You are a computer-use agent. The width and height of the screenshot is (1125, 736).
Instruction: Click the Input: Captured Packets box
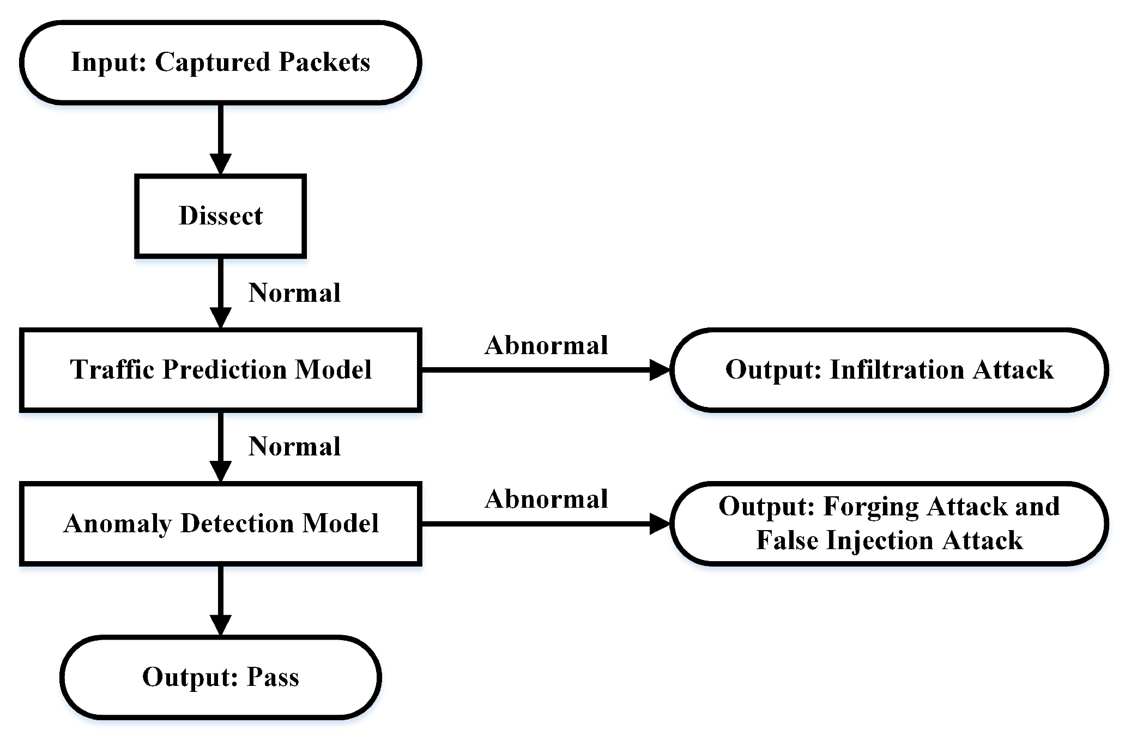[x=220, y=62]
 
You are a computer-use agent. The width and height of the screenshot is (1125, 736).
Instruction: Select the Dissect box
[x=220, y=216]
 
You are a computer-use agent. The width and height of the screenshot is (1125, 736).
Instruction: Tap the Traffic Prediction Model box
[x=220, y=370]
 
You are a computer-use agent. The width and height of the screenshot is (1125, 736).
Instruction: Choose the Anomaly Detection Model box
[x=220, y=524]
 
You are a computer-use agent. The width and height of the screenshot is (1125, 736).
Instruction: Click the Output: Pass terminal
[x=220, y=677]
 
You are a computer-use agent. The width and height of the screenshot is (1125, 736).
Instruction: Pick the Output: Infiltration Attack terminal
[x=889, y=370]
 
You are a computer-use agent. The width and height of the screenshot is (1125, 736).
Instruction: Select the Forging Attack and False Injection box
[x=889, y=524]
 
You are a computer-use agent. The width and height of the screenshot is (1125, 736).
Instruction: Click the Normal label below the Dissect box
[x=294, y=293]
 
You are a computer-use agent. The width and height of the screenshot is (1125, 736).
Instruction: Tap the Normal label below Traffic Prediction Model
[x=294, y=447]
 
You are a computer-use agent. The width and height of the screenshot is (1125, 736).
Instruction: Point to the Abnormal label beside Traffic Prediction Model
[x=546, y=345]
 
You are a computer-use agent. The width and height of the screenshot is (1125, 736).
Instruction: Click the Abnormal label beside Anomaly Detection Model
[x=546, y=499]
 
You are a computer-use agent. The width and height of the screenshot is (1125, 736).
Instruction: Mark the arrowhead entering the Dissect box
[x=220, y=164]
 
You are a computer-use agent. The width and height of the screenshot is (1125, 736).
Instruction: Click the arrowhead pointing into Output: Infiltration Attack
[x=660, y=370]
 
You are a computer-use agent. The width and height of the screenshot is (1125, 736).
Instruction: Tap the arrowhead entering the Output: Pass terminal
[x=220, y=625]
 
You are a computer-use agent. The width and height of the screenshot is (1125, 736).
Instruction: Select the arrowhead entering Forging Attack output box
[x=660, y=524]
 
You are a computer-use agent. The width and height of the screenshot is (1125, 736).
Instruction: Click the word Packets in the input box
[x=324, y=62]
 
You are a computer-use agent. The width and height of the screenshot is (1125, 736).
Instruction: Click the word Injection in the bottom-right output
[x=880, y=540]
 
